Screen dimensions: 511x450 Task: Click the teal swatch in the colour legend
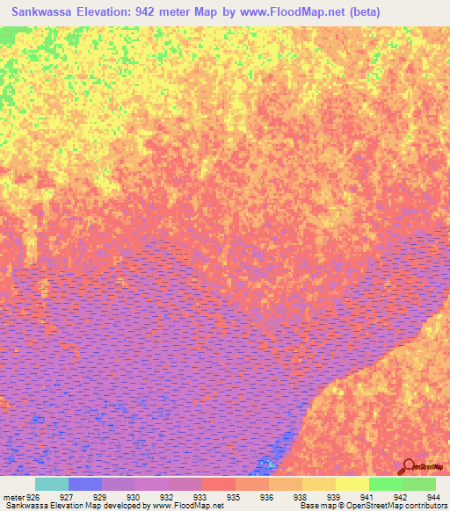coord(52,484)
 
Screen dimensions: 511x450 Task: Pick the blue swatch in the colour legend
coord(85,484)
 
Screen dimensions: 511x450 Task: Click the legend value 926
coord(33,496)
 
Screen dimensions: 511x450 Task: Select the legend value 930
coord(134,496)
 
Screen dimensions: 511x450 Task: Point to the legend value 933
coord(200,496)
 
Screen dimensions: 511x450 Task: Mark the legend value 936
coord(265,496)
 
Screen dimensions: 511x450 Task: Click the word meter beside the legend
coord(12,496)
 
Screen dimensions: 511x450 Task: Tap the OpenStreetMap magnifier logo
coord(408,466)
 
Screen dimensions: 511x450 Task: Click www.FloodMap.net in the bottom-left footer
coord(186,506)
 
